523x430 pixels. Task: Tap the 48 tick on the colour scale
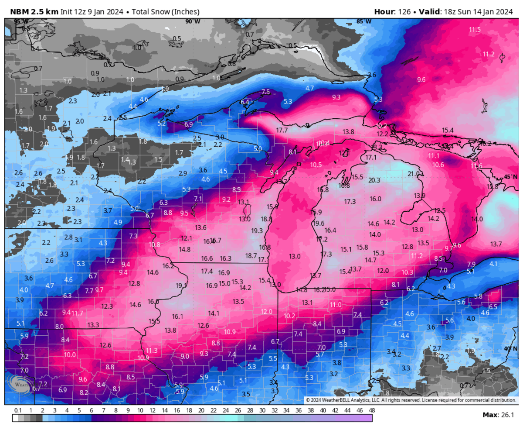[x=372, y=410]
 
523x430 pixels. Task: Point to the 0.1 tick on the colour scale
[x=18, y=410]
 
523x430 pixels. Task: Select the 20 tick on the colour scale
[x=201, y=410]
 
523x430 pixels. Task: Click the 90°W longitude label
[x=193, y=21]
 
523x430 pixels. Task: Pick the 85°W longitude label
[x=363, y=21]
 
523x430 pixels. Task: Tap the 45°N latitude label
[x=510, y=176]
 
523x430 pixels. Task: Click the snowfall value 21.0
[x=413, y=174]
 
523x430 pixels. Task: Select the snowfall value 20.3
[x=374, y=180]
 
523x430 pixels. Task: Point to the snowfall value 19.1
[x=181, y=286]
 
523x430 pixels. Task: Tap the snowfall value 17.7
[x=282, y=130]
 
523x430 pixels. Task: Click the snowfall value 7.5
[x=265, y=92]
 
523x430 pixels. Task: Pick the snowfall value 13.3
[x=93, y=325]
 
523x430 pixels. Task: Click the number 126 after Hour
[x=404, y=12]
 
